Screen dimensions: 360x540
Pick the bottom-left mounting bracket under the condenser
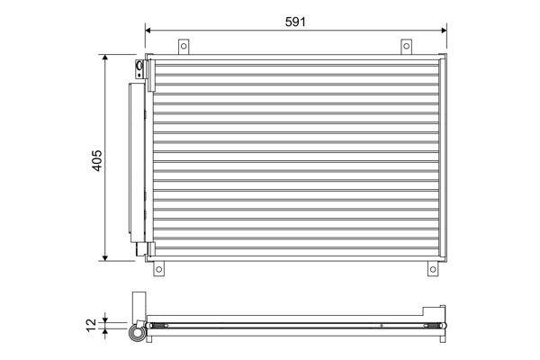[x=159, y=268]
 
